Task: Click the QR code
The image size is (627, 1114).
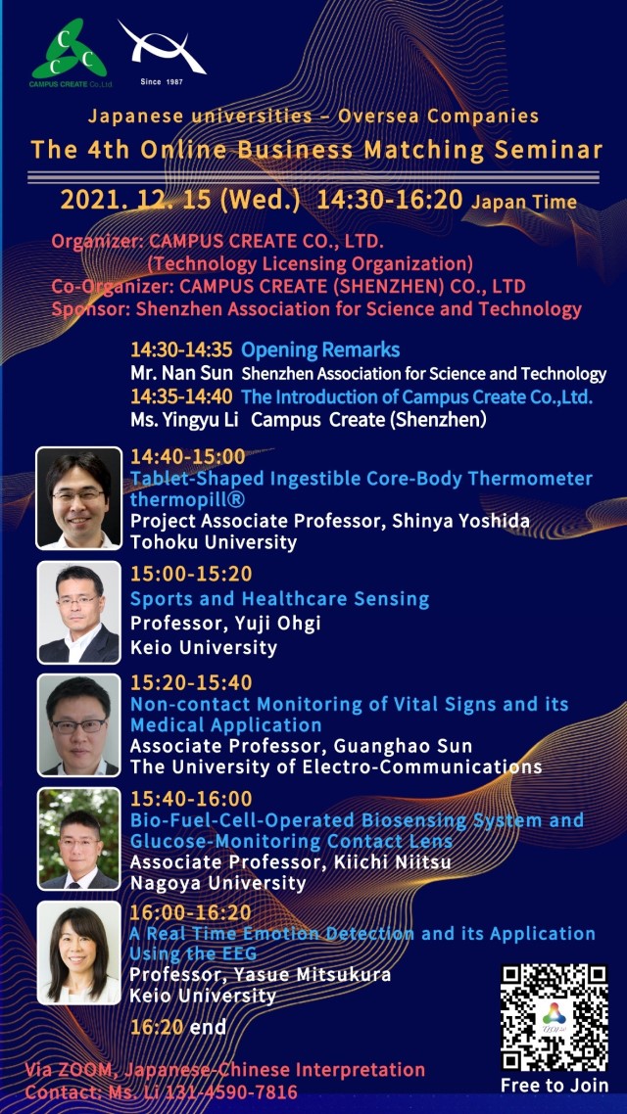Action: pyautogui.click(x=554, y=1017)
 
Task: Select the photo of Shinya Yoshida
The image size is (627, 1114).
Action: pyautogui.click(x=79, y=498)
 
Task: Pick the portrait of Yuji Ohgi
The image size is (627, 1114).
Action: pyautogui.click(x=79, y=613)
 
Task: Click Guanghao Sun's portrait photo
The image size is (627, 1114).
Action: pyautogui.click(x=79, y=725)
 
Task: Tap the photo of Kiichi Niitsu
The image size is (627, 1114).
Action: pyautogui.click(x=79, y=838)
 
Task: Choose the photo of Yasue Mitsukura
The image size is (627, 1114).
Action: pyautogui.click(x=79, y=952)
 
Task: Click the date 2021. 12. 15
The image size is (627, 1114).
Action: pyautogui.click(x=135, y=201)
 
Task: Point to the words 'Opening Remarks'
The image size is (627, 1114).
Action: pyautogui.click(x=320, y=349)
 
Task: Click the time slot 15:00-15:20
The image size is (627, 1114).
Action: pyautogui.click(x=191, y=574)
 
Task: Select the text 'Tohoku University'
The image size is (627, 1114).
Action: pyautogui.click(x=214, y=542)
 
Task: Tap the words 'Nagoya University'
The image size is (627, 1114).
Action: pyautogui.click(x=218, y=883)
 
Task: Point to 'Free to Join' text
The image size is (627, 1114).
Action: pyautogui.click(x=555, y=1086)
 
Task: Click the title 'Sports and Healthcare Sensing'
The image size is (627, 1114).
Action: pyautogui.click(x=279, y=599)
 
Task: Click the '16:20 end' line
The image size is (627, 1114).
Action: pyautogui.click(x=177, y=1027)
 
